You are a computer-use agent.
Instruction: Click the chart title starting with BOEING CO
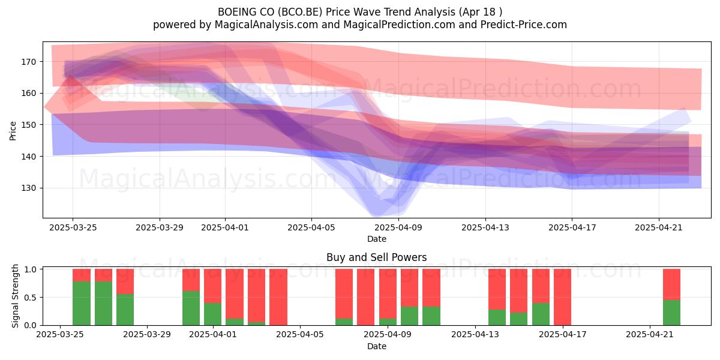pos(360,12)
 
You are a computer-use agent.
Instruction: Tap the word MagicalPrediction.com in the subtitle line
pos(399,25)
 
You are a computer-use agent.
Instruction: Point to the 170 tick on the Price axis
pos(29,62)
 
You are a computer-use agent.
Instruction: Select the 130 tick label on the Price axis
pos(29,188)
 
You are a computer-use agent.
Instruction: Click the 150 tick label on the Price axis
pos(29,125)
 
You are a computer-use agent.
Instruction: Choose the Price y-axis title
pos(13,131)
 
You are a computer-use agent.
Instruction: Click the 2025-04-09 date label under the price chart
pos(398,227)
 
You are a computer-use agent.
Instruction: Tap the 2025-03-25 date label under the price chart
pos(73,227)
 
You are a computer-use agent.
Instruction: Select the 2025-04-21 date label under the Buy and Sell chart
pos(650,335)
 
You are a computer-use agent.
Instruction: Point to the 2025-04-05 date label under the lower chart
pos(300,335)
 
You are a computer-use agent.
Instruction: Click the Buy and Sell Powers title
pos(376,257)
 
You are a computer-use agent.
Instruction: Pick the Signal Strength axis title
pos(15,296)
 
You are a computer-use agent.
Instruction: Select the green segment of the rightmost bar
pos(672,313)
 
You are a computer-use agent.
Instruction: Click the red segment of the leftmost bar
pos(82,275)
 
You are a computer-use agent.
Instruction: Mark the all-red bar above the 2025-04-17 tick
pos(563,297)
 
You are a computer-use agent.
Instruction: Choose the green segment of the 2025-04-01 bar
pos(213,314)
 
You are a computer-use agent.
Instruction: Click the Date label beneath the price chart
pos(377,239)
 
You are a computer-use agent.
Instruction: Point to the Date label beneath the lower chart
pos(377,346)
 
